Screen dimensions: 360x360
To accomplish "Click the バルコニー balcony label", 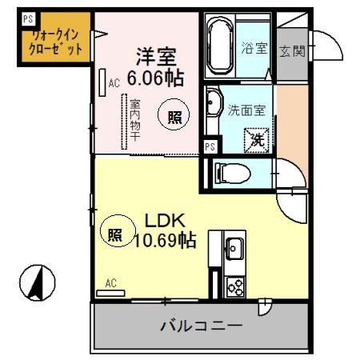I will pos(201,326).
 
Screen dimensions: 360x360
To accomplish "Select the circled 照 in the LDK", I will pos(115,234).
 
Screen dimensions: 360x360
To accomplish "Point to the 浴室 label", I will pos(254,49).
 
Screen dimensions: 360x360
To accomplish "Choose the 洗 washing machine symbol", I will pos(258,138).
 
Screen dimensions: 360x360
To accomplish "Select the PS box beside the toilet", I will pos(209,146).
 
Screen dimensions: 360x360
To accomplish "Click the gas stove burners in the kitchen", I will pos(235,286).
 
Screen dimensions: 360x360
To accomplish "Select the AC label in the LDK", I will pos(110,282).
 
